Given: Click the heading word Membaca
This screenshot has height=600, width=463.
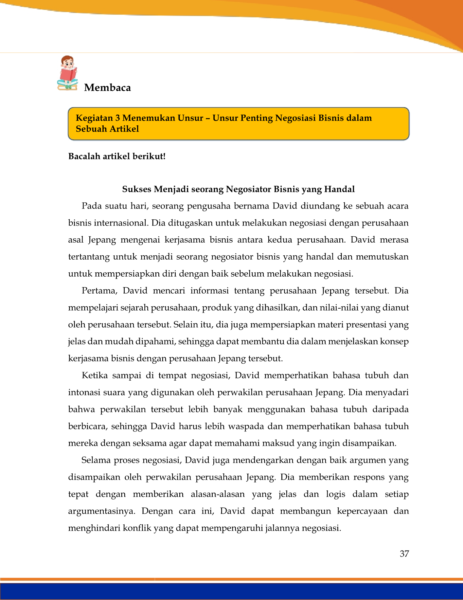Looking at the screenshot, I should pyautogui.click(x=107, y=88).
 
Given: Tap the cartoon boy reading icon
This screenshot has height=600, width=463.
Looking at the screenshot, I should pyautogui.click(x=67, y=73).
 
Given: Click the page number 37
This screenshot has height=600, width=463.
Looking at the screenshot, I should pyautogui.click(x=404, y=554).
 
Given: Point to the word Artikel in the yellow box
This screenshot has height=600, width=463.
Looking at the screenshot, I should pyautogui.click(x=124, y=129).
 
